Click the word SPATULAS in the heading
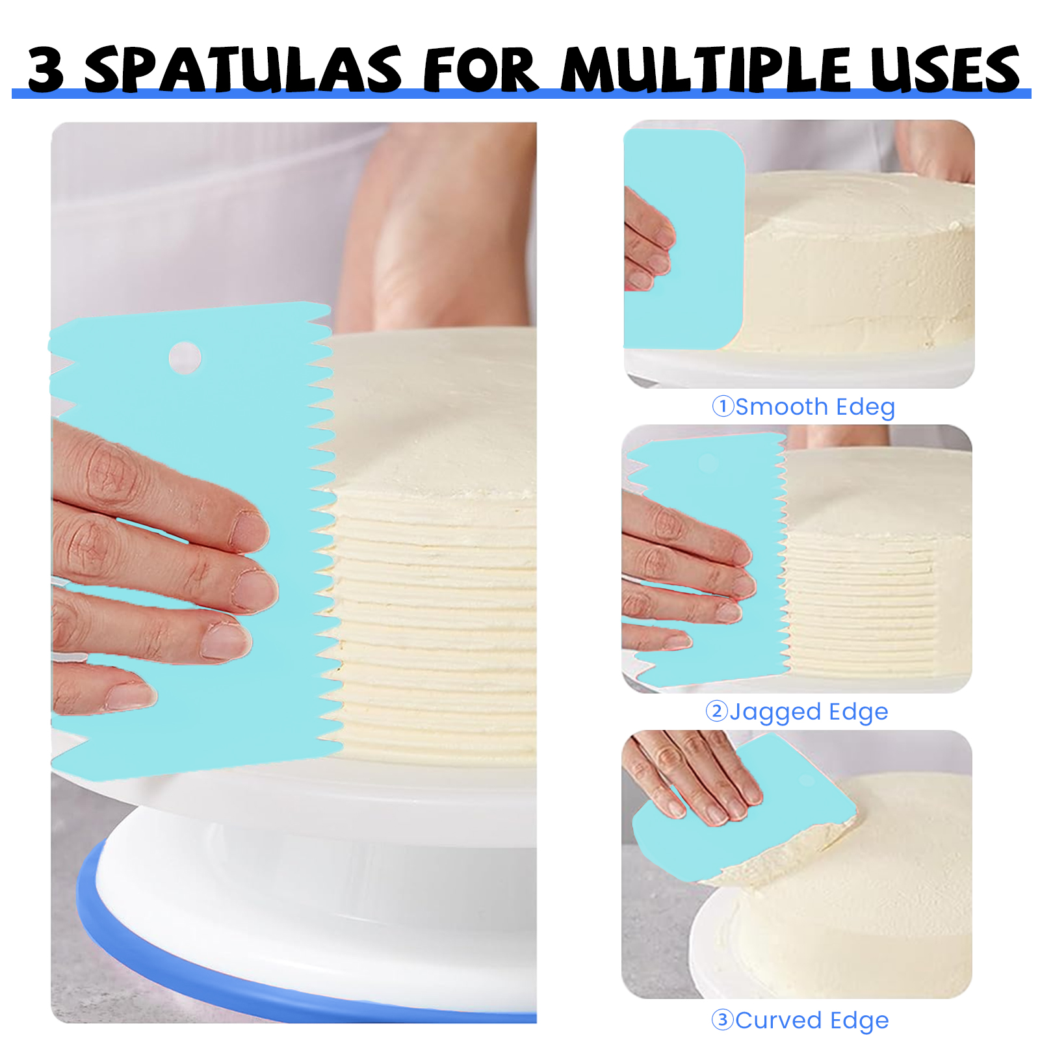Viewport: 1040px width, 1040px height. (243, 68)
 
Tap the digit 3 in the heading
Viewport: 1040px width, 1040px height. (46, 69)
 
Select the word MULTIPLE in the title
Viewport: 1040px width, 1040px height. (707, 68)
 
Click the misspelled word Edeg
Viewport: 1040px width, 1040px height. (865, 408)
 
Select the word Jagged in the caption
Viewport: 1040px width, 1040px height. (775, 712)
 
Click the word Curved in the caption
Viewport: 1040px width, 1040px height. (779, 1020)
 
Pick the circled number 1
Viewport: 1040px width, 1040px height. (723, 406)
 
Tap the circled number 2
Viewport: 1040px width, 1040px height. (716, 711)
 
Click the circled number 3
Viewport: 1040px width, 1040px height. (723, 1019)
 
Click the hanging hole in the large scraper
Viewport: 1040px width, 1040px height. (185, 357)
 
